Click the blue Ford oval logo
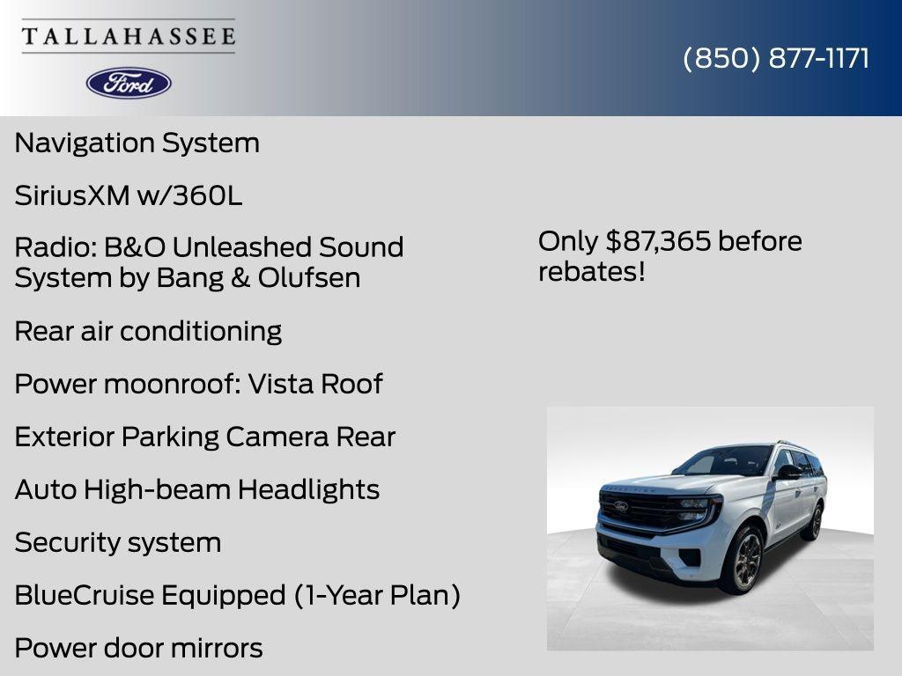pyautogui.click(x=129, y=83)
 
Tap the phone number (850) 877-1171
pyautogui.click(x=776, y=58)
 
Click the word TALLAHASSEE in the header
pyautogui.click(x=129, y=36)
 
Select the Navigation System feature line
pyautogui.click(x=137, y=143)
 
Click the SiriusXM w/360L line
pyautogui.click(x=128, y=195)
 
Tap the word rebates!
pyautogui.click(x=591, y=271)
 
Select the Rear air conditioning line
pyautogui.click(x=148, y=331)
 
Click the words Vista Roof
pyautogui.click(x=314, y=384)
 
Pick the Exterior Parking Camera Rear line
pyautogui.click(x=204, y=437)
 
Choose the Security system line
pyautogui.click(x=117, y=542)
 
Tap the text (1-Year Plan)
pyautogui.click(x=377, y=595)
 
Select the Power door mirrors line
pyautogui.click(x=138, y=648)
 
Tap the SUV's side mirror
pyautogui.click(x=786, y=473)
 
